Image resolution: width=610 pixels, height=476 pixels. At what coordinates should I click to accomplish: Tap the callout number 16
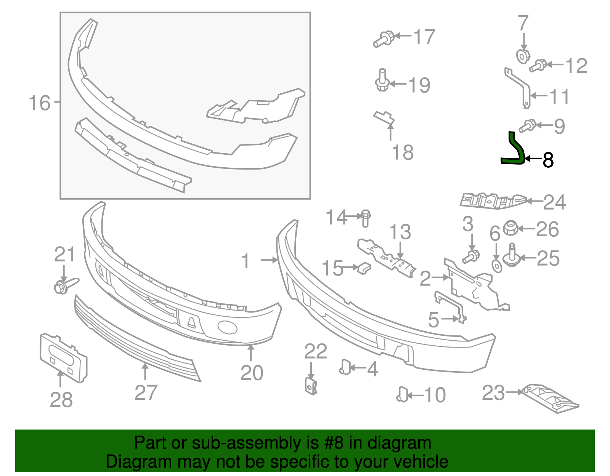coord(39,103)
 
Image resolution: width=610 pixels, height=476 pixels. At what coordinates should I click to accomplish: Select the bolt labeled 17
coord(384,39)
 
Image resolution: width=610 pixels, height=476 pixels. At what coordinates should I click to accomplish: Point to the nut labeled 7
coord(523,56)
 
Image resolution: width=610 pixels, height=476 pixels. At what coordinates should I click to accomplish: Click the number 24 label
coord(554,202)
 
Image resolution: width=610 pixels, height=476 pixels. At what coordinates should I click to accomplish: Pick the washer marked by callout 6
coord(497,266)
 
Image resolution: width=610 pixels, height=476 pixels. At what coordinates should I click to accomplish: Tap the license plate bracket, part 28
coord(63,357)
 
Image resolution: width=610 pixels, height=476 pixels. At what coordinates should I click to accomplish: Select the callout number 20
coord(252,373)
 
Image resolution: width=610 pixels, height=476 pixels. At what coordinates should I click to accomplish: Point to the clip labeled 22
coord(311,386)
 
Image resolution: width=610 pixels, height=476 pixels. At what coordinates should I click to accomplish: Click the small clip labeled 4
coord(345,367)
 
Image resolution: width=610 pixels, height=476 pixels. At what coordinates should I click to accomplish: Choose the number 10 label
coord(434,395)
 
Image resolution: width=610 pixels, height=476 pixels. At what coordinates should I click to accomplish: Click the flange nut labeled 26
coord(510,228)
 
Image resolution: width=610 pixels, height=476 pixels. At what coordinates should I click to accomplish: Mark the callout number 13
coord(400,232)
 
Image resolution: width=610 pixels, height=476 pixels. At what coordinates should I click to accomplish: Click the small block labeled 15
coord(364,268)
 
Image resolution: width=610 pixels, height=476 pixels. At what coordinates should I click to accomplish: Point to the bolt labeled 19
coord(382,81)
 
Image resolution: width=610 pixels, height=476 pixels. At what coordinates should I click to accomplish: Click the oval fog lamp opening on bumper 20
coord(227,327)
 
